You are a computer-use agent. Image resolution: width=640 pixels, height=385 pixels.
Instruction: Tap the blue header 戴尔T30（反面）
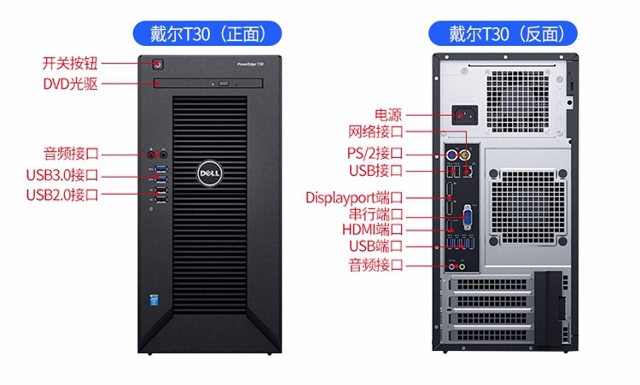[x=503, y=33]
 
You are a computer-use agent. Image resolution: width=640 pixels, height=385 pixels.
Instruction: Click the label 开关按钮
[x=70, y=63]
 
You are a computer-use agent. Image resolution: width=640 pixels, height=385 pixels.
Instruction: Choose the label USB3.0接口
[x=62, y=176]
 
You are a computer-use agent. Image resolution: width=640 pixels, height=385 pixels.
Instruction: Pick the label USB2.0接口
[x=62, y=195]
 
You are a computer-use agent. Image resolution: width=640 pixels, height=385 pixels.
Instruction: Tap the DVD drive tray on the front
[x=209, y=84]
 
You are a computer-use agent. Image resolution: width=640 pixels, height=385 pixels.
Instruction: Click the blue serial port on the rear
[x=467, y=216]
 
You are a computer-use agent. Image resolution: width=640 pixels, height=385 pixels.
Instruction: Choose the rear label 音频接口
[x=375, y=265]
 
